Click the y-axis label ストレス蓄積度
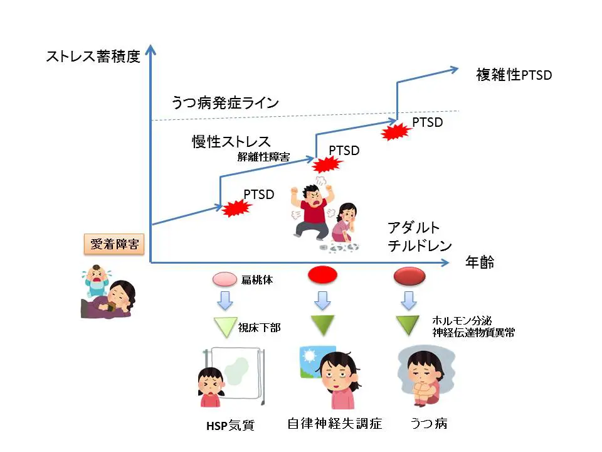click(92, 56)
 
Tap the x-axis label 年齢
click(480, 262)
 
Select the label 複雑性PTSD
click(514, 75)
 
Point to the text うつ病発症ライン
click(224, 102)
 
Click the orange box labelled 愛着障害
click(115, 245)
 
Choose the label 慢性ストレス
click(231, 141)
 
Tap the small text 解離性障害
click(263, 157)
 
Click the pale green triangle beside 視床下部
click(223, 326)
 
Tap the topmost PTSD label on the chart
click(427, 122)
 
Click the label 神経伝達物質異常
click(473, 333)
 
